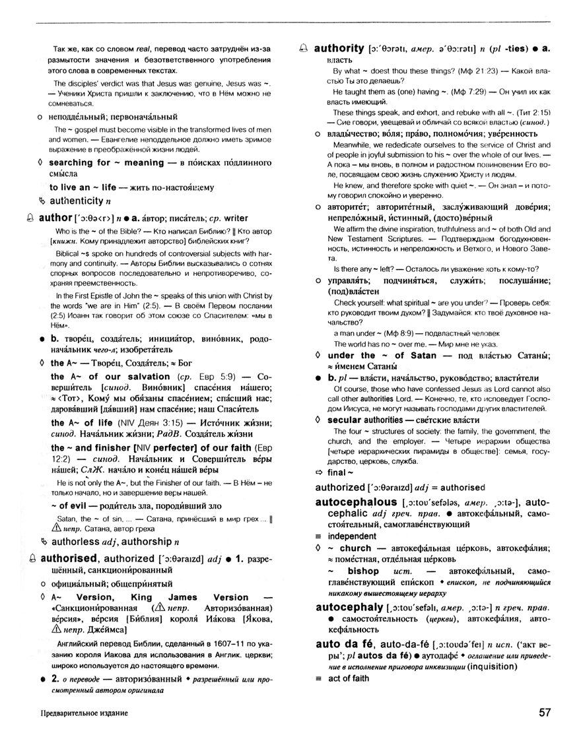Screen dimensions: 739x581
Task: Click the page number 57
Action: (x=545, y=713)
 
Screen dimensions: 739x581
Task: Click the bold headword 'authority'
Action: (x=339, y=48)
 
